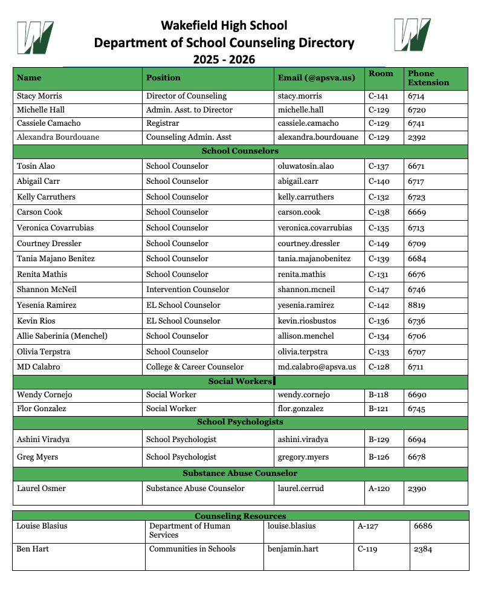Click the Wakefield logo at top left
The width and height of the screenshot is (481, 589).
[x=36, y=37]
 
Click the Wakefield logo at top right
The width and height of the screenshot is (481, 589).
[x=413, y=34]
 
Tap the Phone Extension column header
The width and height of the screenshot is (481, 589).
[x=428, y=78]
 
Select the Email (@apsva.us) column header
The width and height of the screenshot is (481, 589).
[x=315, y=77]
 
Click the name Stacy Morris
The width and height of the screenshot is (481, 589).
[x=39, y=96]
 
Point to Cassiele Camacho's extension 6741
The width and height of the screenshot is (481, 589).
[x=416, y=123]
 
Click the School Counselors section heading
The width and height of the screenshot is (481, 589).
[x=240, y=151]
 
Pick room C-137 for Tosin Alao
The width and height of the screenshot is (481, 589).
[x=379, y=166]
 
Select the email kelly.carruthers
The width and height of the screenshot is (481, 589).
[x=306, y=197]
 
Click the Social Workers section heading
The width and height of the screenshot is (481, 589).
[x=240, y=382]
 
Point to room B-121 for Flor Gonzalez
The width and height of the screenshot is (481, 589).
[x=379, y=409]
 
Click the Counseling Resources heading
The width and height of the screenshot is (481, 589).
[x=240, y=516]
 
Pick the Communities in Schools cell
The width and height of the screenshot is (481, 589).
[x=192, y=549]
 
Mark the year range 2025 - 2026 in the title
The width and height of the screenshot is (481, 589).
[x=224, y=60]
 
